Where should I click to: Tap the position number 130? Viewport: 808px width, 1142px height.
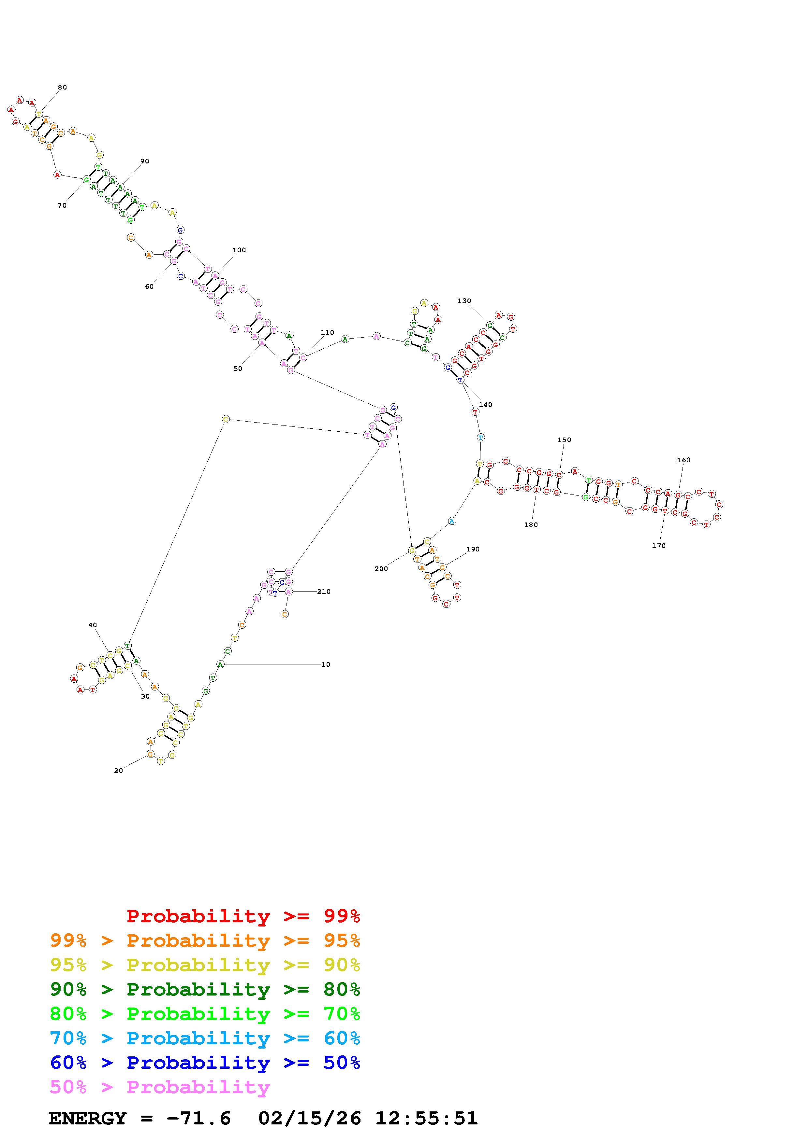coord(464,301)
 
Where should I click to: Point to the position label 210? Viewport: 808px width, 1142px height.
coord(324,592)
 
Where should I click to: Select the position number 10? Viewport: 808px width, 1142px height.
coord(326,664)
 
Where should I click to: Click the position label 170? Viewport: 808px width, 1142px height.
coord(659,546)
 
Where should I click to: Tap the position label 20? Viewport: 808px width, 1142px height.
coord(119,771)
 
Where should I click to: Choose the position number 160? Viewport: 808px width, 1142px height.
coord(683,460)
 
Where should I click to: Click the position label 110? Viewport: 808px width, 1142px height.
coord(328,333)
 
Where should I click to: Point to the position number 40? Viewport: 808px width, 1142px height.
coord(93,625)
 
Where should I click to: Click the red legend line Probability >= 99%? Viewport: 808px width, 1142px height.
coord(243,916)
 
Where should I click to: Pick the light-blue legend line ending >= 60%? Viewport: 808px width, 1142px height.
coord(205,1038)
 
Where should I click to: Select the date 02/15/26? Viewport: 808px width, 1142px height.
coord(310,1118)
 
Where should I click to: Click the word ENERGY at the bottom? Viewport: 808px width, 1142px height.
coord(88,1118)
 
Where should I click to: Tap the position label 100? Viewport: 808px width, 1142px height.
coord(239,250)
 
